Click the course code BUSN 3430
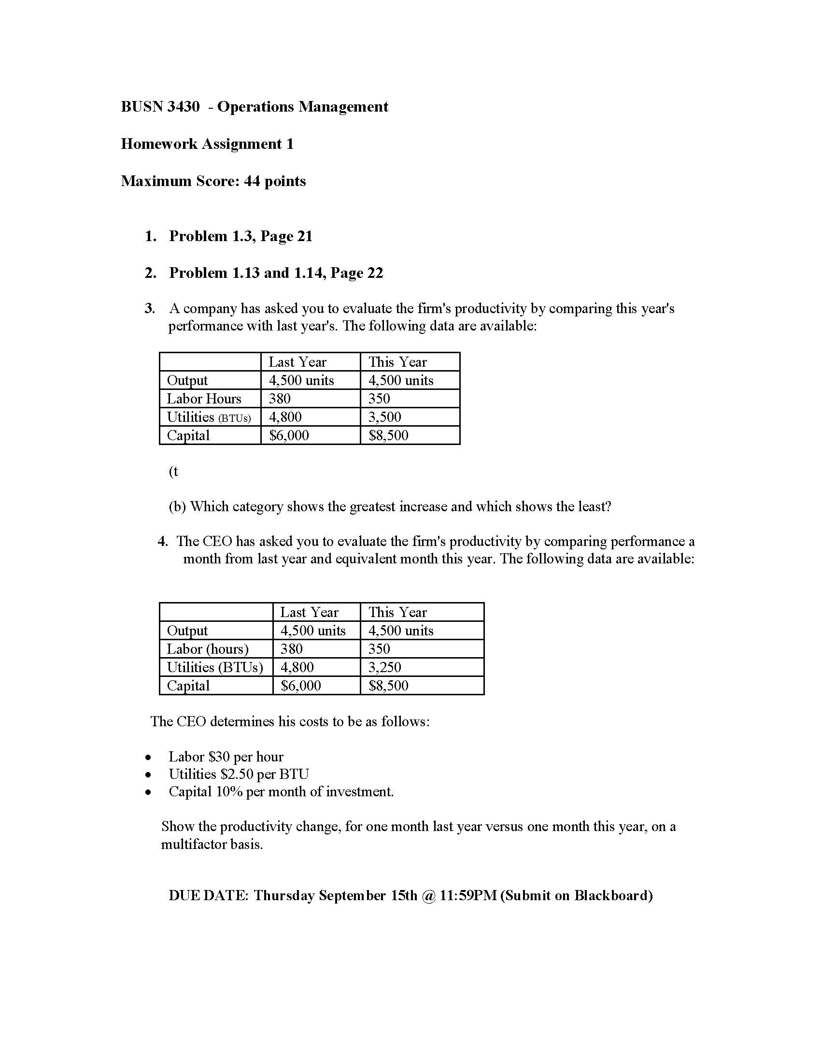159,107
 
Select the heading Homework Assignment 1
207,144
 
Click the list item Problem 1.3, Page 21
241,236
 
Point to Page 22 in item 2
356,273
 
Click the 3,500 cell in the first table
384,417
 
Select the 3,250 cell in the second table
384,667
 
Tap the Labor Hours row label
204,399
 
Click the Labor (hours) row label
207,649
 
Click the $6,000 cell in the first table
289,435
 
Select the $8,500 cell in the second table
388,685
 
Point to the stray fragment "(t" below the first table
174,471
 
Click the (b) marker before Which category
178,507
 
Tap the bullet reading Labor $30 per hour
226,756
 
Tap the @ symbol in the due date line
428,895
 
